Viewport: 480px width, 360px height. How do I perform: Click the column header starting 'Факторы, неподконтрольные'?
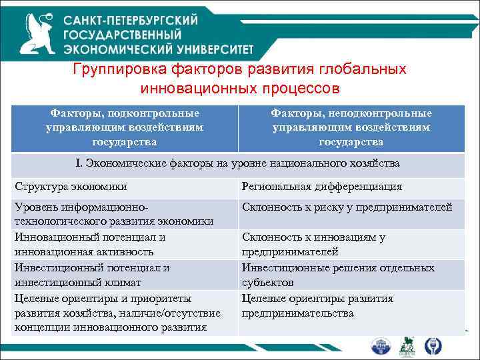(x=351, y=127)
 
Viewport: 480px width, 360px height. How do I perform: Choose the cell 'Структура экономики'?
(x=70, y=187)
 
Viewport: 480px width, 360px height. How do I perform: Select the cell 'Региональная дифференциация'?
(x=321, y=187)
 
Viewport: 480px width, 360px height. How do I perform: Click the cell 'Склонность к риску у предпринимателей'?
(x=347, y=207)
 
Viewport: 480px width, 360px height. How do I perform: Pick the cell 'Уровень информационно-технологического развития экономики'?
(x=113, y=214)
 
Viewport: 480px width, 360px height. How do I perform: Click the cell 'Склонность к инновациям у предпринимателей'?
(x=313, y=244)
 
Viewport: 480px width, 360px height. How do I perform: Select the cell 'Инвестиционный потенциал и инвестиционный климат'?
(x=91, y=275)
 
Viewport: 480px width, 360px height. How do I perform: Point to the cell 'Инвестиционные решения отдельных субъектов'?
(x=338, y=275)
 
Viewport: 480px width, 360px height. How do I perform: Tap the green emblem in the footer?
(x=406, y=346)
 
